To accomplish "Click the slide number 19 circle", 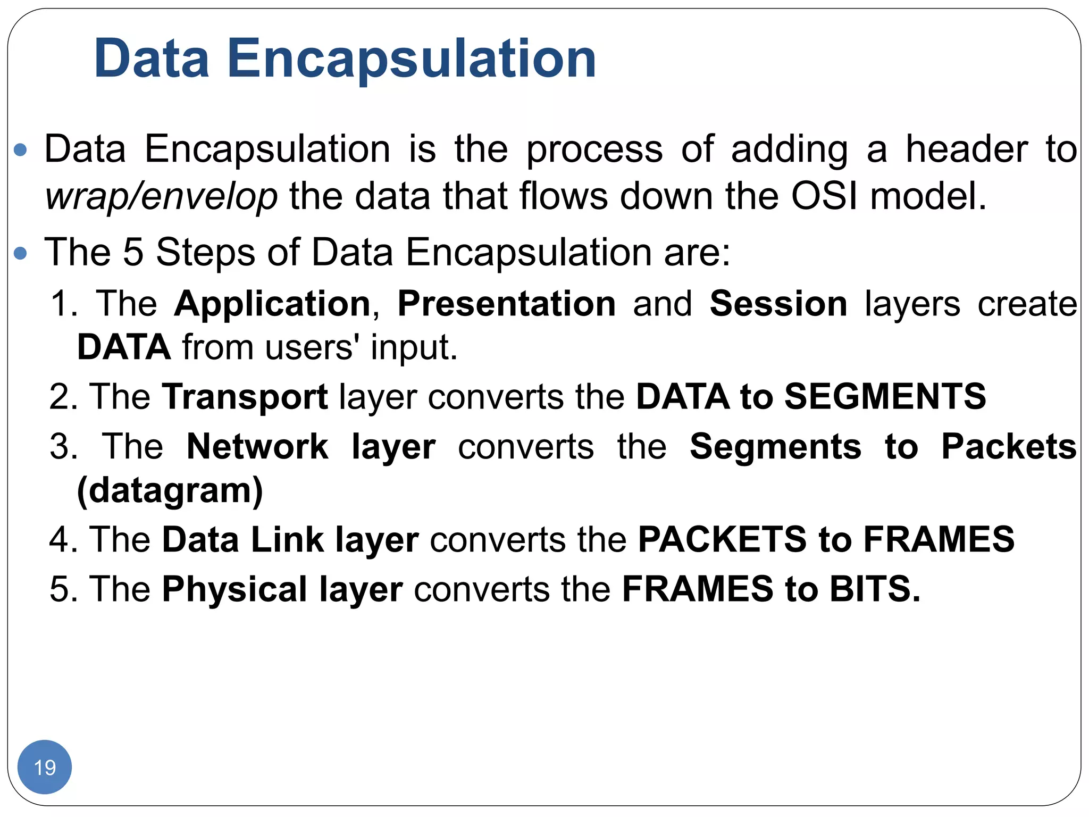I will point(45,767).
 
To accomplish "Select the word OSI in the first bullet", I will point(824,196).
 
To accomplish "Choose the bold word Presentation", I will point(506,304).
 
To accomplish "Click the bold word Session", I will point(778,304).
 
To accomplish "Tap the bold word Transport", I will point(245,397).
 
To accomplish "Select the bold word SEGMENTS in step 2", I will point(885,397).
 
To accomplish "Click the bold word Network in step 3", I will point(257,446).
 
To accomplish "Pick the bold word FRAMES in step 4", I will point(939,539).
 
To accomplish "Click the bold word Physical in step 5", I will point(234,589).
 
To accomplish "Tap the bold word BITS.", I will point(875,589).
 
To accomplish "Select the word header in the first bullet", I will point(967,149).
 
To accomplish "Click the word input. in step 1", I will point(414,347).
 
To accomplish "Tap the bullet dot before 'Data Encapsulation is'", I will point(21,150).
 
